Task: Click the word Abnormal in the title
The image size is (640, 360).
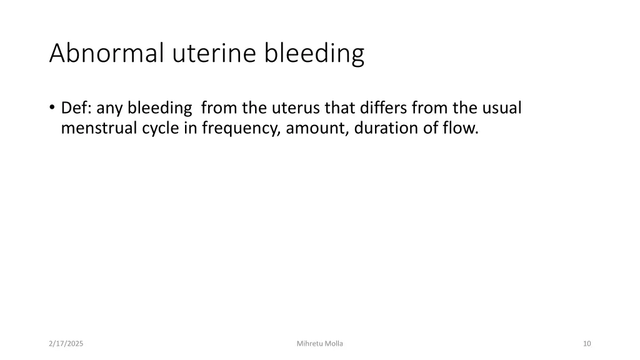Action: [107, 54]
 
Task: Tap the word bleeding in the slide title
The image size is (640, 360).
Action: [314, 54]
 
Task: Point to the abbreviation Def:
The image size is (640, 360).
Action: [77, 108]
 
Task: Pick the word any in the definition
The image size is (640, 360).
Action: [111, 108]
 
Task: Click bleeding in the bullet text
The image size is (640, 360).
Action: [160, 108]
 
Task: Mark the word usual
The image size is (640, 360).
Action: [501, 108]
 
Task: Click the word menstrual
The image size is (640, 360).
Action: [96, 128]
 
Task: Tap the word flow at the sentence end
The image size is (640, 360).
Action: [461, 128]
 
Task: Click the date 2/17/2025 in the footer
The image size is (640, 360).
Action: [66, 344]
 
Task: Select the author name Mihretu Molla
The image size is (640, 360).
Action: [320, 344]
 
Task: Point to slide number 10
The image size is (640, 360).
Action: [586, 344]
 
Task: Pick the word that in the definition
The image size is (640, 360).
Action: [339, 108]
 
